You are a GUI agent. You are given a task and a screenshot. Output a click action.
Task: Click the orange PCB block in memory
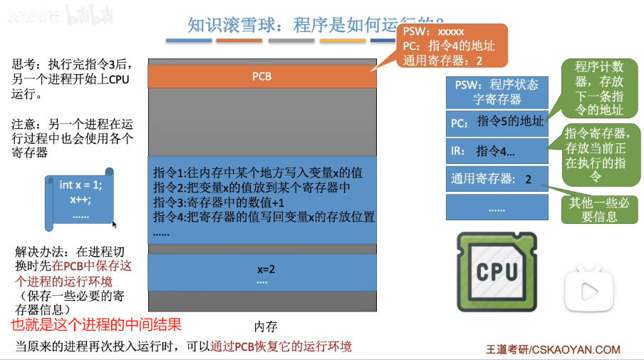pos(261,76)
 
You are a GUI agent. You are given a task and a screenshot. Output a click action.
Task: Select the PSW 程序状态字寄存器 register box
pos(496,92)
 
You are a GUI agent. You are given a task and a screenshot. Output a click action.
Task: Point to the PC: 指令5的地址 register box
pos(496,122)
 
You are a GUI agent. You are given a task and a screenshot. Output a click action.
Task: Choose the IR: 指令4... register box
pos(496,150)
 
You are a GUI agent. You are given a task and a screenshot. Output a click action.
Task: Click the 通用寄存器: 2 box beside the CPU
pos(496,179)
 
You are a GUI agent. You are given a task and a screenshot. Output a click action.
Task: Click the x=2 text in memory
pos(261,269)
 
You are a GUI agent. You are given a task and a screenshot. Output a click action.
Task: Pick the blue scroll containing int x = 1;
pos(79,197)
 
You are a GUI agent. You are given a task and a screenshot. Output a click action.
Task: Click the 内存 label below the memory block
pos(266,326)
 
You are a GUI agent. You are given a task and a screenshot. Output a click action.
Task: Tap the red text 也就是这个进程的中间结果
pos(96,325)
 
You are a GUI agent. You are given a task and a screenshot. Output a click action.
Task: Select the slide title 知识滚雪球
pos(235,26)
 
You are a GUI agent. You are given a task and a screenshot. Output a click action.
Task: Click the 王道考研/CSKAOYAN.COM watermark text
pos(553,349)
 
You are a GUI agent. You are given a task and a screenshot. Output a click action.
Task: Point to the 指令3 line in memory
pos(224,202)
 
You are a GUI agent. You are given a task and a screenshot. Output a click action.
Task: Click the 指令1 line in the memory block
pos(258,173)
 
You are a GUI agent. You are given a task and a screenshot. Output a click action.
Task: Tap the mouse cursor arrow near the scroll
pos(114,223)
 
